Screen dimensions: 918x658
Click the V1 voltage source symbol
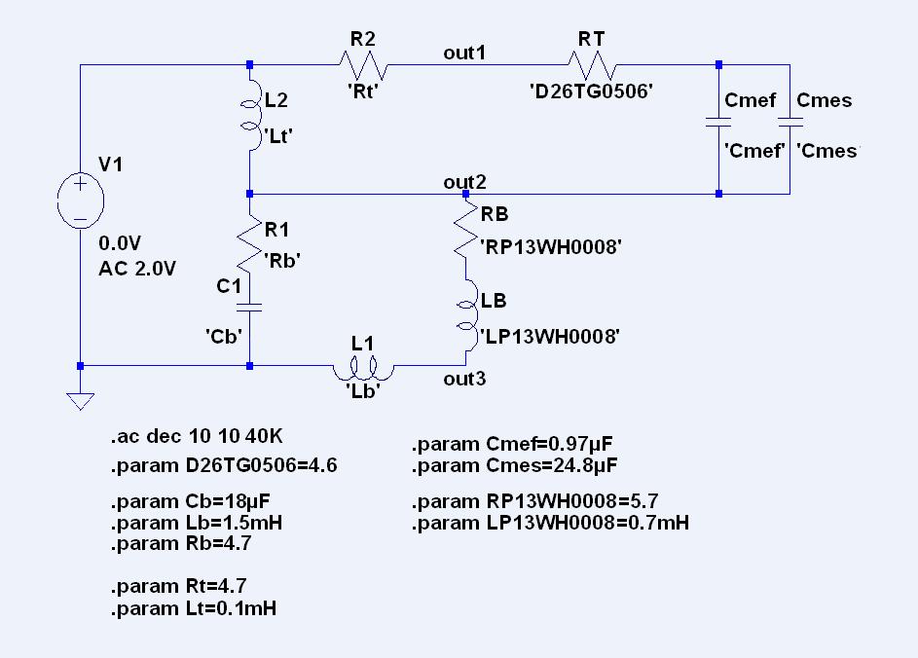click(x=80, y=201)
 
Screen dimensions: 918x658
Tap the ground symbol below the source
click(x=80, y=401)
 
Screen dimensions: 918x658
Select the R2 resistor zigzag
click(x=363, y=65)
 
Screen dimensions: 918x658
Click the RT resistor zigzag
click(x=592, y=65)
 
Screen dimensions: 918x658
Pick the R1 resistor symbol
click(x=249, y=244)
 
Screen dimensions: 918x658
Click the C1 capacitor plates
click(x=249, y=308)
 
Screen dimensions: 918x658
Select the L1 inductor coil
click(x=363, y=369)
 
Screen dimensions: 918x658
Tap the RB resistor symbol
click(x=466, y=231)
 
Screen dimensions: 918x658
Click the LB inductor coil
click(x=467, y=315)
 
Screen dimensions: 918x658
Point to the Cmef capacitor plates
click(x=718, y=123)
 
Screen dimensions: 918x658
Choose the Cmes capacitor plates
click(x=790, y=123)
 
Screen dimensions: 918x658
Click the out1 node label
click(x=464, y=53)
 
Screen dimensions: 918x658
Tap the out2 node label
click(x=464, y=182)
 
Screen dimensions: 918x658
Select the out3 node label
click(x=464, y=379)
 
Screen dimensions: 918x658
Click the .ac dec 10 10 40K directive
click(x=197, y=436)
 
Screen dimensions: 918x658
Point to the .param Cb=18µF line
click(x=190, y=502)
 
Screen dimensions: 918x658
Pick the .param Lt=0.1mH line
click(x=193, y=608)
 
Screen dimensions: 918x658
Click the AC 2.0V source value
click(x=137, y=269)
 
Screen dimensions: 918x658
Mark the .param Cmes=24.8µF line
click(x=515, y=466)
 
